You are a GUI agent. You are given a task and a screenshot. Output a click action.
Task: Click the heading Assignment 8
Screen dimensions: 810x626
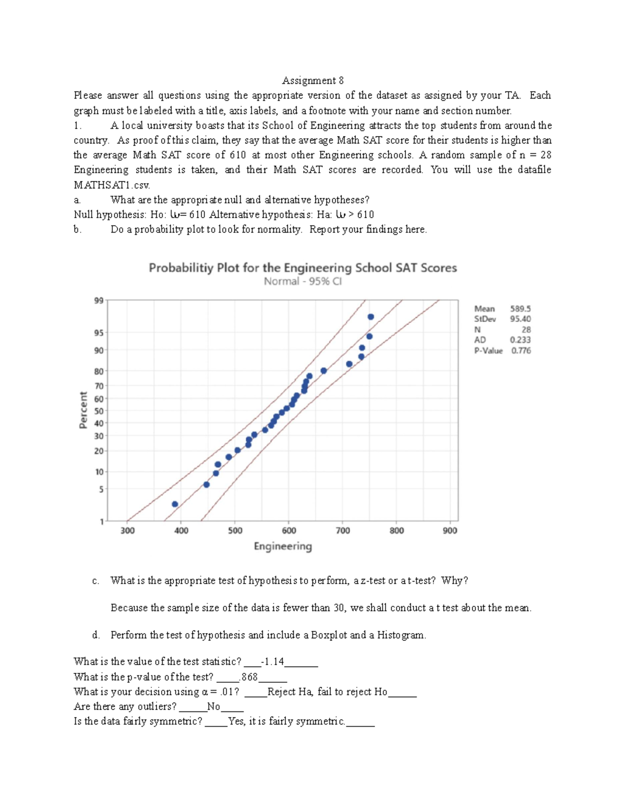tap(312, 80)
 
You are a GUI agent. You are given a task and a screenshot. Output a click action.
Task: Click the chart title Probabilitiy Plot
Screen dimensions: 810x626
tap(303, 268)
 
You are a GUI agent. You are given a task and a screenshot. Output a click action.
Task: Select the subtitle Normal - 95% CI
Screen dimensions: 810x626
tap(303, 282)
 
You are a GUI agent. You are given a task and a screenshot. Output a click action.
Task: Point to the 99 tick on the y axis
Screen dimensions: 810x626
tap(98, 300)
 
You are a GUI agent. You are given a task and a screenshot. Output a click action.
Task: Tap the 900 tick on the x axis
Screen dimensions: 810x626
tap(450, 530)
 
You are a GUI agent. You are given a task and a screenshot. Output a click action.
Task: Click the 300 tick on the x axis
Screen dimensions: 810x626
tap(127, 530)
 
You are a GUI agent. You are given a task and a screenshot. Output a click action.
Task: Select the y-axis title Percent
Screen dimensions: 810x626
tap(83, 410)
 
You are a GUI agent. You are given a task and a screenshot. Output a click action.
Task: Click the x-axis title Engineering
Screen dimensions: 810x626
tap(283, 546)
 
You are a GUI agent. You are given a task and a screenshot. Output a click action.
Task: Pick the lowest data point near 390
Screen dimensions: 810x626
tap(175, 504)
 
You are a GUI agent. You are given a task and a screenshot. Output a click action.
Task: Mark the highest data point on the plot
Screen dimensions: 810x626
tap(371, 317)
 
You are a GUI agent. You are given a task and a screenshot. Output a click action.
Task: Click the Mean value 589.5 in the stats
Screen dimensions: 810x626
tap(520, 309)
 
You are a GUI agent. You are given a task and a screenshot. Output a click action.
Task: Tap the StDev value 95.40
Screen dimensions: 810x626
tap(520, 319)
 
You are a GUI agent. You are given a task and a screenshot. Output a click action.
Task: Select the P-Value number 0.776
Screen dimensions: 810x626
tap(521, 350)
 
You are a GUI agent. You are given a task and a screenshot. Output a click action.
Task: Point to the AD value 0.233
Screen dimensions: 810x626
tap(521, 340)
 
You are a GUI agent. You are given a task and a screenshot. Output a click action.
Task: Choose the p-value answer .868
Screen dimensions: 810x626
tap(249, 677)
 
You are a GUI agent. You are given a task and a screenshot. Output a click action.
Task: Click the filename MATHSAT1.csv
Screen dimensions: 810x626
tap(112, 185)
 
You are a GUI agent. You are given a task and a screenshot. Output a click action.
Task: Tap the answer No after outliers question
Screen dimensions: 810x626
tap(214, 706)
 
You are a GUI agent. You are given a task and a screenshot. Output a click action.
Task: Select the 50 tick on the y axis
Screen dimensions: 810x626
tap(98, 410)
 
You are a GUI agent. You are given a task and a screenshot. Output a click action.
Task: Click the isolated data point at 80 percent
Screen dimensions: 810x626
tap(323, 371)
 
